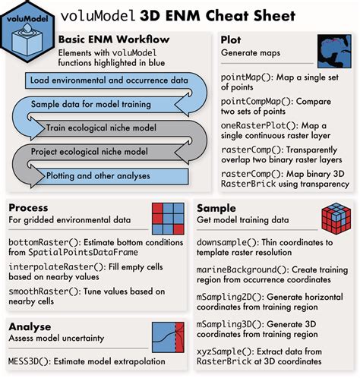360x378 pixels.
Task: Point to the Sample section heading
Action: [x=216, y=207]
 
